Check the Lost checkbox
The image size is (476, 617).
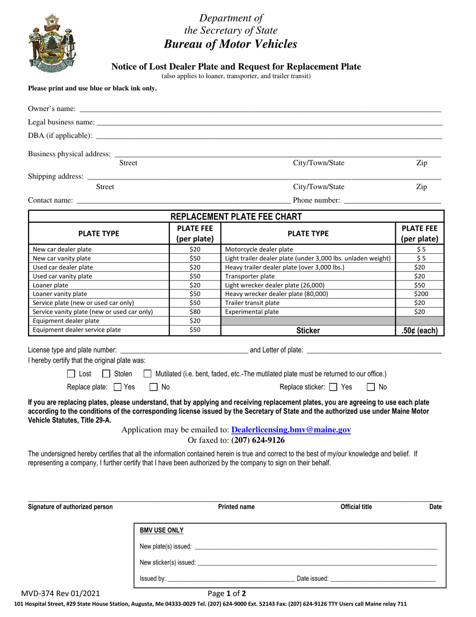click(x=71, y=374)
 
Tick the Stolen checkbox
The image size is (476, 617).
click(x=106, y=374)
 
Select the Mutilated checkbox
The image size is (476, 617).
click(x=147, y=374)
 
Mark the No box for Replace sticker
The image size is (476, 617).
click(x=371, y=387)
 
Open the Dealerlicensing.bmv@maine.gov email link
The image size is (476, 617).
click(x=291, y=430)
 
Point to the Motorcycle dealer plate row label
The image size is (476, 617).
click(x=259, y=249)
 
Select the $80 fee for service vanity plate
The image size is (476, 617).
click(x=195, y=312)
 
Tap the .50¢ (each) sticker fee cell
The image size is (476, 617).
click(x=419, y=331)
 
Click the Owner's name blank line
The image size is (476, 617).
click(x=260, y=109)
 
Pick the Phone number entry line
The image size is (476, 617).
click(x=392, y=201)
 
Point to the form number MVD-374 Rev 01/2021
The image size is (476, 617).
click(x=64, y=592)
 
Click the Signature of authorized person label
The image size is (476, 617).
click(x=70, y=507)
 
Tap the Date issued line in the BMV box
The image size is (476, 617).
click(x=383, y=579)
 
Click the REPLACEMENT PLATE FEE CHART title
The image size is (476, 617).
click(x=236, y=217)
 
